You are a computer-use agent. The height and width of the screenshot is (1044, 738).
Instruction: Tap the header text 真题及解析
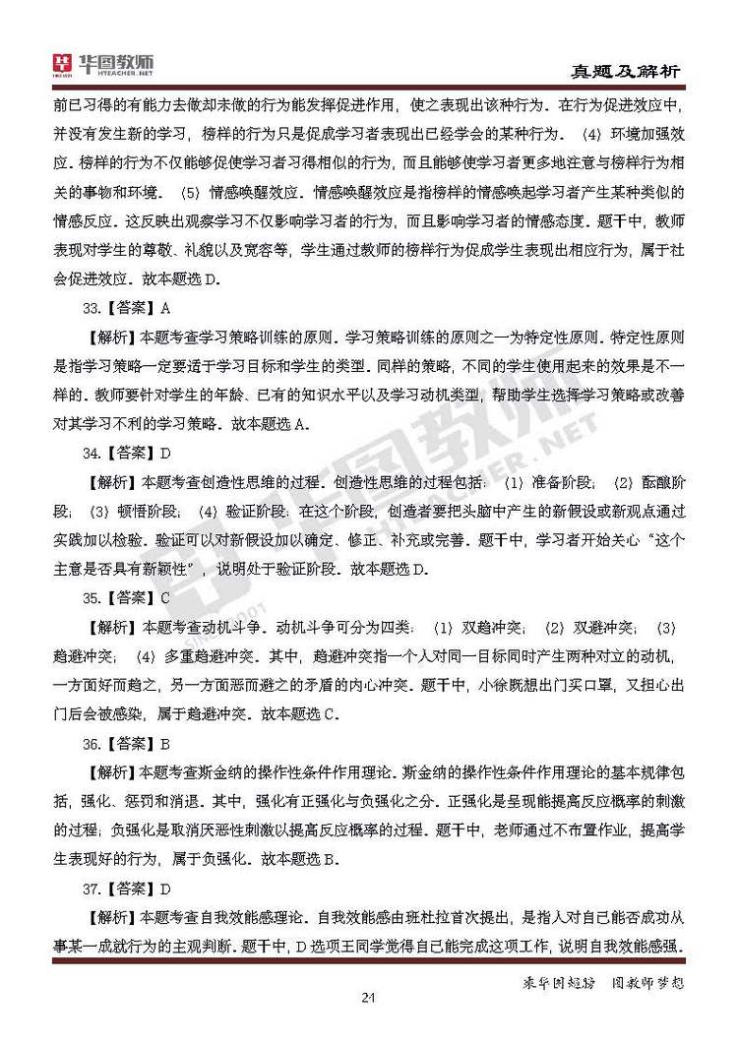[x=626, y=72]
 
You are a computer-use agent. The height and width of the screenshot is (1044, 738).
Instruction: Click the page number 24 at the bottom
[x=369, y=999]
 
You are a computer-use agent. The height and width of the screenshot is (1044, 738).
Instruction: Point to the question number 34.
[x=92, y=454]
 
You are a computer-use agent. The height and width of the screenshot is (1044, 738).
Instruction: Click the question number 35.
[x=92, y=598]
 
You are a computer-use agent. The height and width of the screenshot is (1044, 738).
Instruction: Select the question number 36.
[x=92, y=744]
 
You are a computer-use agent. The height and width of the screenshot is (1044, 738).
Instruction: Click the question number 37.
[x=92, y=890]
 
